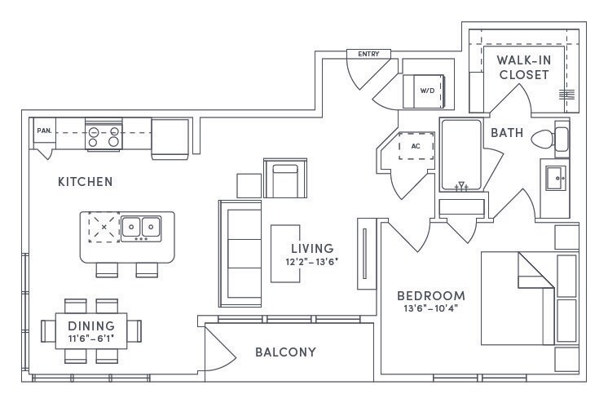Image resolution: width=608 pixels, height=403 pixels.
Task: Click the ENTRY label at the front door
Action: click(x=368, y=54)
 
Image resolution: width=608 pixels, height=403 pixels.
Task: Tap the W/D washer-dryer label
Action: click(x=427, y=91)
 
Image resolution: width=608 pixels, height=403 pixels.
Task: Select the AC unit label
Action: click(x=416, y=146)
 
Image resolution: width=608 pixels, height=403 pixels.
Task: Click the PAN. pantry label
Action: click(x=44, y=131)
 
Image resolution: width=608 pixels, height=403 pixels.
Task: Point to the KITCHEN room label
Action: click(x=86, y=181)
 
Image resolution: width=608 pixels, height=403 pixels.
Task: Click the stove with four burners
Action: click(x=104, y=137)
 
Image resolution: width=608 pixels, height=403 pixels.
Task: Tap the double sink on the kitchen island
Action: click(x=141, y=228)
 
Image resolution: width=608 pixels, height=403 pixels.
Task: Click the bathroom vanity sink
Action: click(x=556, y=178)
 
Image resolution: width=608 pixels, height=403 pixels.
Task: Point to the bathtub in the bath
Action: click(x=461, y=155)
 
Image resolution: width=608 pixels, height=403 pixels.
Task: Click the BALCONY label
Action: click(x=285, y=352)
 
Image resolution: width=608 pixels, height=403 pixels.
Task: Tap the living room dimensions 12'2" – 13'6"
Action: click(x=312, y=262)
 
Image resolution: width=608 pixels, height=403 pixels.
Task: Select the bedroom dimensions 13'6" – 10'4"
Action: click(x=431, y=308)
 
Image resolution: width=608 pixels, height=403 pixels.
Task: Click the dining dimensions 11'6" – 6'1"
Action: click(x=91, y=339)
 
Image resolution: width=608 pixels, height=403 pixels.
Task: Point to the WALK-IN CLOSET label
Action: click(x=524, y=68)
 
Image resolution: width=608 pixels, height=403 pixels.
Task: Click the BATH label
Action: click(x=507, y=133)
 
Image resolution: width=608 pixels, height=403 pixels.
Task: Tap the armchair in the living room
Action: click(x=285, y=178)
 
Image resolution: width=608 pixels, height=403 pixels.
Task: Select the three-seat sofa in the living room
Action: click(x=240, y=254)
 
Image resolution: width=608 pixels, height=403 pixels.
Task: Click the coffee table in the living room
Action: click(x=285, y=253)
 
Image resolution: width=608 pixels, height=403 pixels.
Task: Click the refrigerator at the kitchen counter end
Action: click(x=170, y=139)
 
